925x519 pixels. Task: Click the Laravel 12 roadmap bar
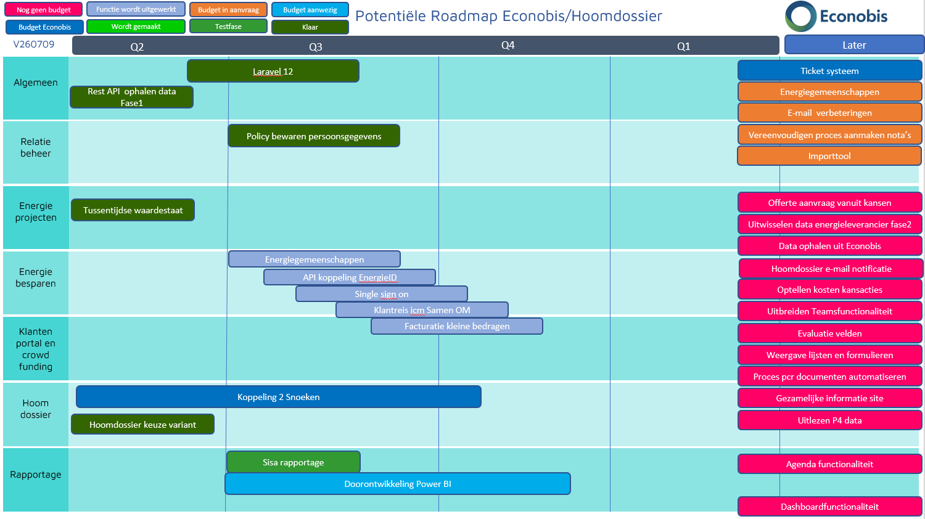[273, 71]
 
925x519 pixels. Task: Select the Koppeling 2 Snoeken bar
[278, 397]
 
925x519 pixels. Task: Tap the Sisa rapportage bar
[293, 462]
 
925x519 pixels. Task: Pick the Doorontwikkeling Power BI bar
[398, 483]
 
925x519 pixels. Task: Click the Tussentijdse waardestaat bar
[133, 210]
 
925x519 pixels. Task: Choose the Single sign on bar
[382, 294]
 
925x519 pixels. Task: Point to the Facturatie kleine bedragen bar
[457, 326]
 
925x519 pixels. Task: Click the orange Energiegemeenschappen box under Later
[829, 92]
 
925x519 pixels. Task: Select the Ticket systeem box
[829, 71]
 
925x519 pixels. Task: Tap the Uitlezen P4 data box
[829, 420]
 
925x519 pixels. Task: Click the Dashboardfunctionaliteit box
[829, 507]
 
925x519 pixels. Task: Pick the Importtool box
[829, 156]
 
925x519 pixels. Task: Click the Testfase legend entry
[228, 27]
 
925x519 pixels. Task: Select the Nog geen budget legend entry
[43, 9]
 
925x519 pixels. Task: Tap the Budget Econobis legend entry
[44, 27]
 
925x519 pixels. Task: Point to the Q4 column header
[508, 45]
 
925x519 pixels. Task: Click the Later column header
[854, 44]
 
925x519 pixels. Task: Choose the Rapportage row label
[36, 475]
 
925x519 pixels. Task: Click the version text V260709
[34, 44]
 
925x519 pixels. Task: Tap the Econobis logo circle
[800, 17]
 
